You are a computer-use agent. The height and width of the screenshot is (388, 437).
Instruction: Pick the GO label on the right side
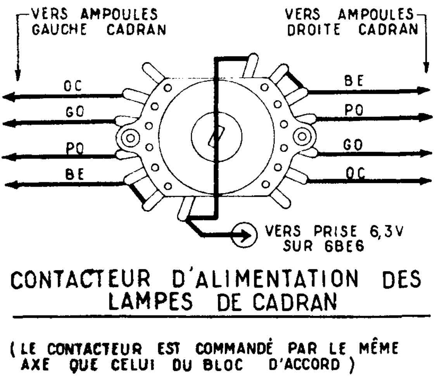point(353,145)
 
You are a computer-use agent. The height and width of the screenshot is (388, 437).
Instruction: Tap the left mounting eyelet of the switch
point(131,138)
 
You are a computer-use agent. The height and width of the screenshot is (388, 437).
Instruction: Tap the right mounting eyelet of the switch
point(302,136)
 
